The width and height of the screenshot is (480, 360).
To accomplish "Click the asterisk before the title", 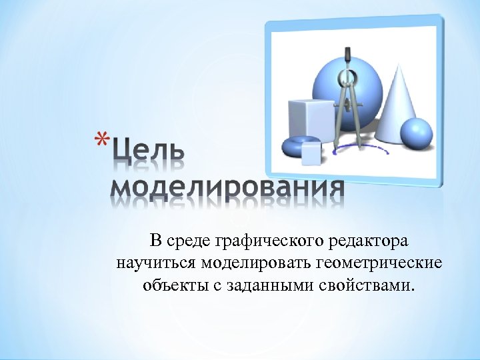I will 101,142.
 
